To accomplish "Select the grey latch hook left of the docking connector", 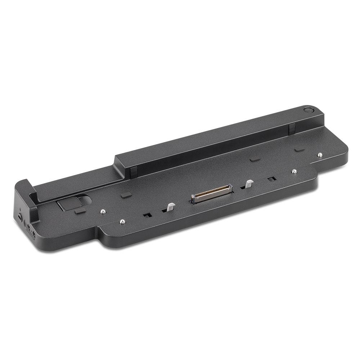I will pos(170,207).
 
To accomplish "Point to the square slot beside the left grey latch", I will pos(147,215).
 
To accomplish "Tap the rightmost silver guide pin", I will pos(320,155).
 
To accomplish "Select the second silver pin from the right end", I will pos(294,171).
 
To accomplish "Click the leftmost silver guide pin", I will pos(103,211).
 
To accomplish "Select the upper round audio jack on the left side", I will pos(28,227).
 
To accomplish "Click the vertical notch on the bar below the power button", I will pos(291,128).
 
